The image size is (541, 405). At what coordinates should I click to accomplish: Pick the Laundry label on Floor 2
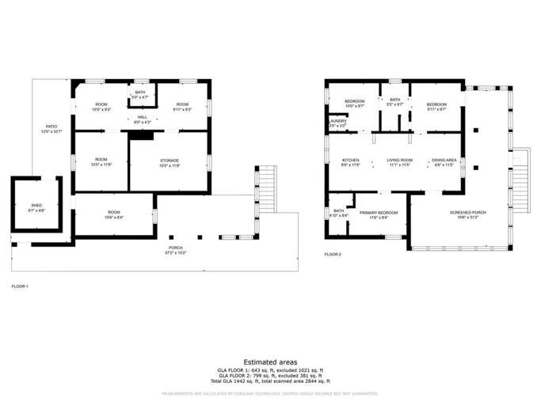338,123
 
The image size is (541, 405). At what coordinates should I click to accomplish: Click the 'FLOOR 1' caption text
21,286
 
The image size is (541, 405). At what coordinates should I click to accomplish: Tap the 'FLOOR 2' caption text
333,255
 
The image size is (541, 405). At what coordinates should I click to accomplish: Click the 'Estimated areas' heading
270,362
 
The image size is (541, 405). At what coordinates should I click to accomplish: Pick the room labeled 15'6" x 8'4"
114,214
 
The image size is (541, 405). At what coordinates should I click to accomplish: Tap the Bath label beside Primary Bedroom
339,212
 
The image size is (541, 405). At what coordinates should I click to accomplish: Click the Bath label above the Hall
140,94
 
